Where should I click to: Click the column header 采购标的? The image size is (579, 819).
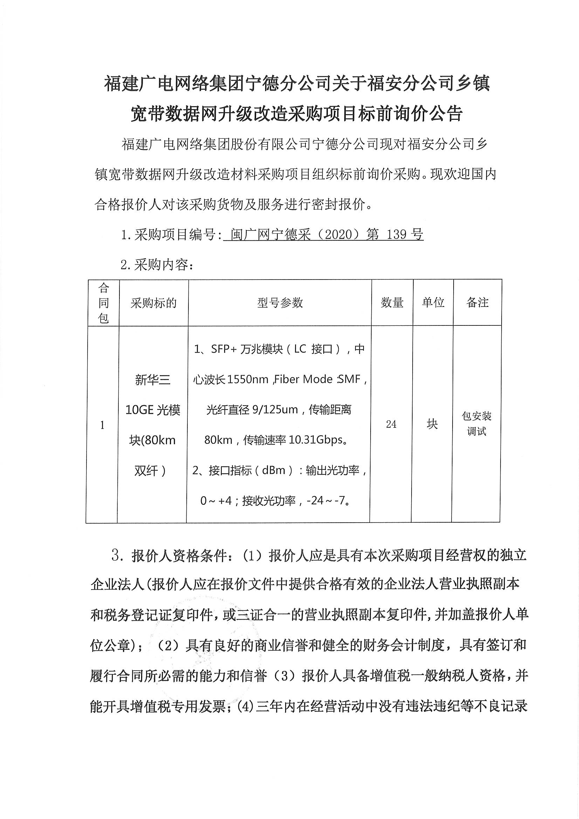click(x=153, y=303)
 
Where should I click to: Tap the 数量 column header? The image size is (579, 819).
click(x=392, y=303)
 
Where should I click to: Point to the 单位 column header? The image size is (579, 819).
click(x=433, y=303)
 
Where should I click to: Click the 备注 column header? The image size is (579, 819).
click(x=477, y=303)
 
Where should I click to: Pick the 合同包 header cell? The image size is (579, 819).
click(x=103, y=303)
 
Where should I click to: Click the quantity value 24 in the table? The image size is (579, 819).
click(x=391, y=424)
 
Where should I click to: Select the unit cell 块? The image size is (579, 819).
click(x=432, y=424)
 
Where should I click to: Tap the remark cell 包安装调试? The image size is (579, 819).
click(x=477, y=424)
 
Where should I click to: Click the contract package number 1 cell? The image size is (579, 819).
click(x=102, y=425)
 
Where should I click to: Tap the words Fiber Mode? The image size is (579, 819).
click(x=304, y=379)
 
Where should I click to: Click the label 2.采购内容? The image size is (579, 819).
click(x=157, y=265)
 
